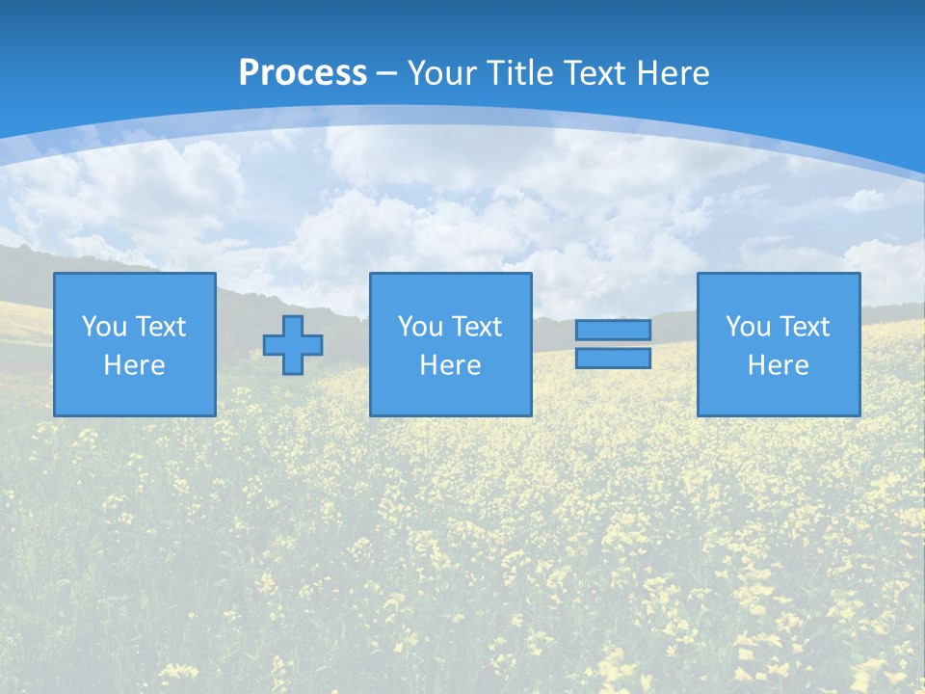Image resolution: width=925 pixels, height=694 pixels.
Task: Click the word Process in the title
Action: click(x=303, y=73)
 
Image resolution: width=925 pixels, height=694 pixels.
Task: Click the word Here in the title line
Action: click(x=674, y=73)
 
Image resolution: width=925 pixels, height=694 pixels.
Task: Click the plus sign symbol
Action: click(x=293, y=344)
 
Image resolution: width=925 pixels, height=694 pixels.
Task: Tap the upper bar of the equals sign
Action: click(x=613, y=330)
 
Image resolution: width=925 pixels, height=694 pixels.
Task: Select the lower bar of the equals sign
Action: click(x=613, y=358)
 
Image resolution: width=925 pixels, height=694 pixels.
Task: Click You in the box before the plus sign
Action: click(x=104, y=327)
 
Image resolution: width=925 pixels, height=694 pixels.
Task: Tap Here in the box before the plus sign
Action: click(x=134, y=365)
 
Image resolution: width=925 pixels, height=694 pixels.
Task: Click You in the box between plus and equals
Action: click(x=420, y=327)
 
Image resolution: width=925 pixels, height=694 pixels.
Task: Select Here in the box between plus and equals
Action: click(x=450, y=365)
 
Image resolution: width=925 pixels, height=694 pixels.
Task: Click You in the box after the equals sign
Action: click(x=748, y=327)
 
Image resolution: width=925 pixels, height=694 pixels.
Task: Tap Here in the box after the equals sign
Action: click(x=778, y=365)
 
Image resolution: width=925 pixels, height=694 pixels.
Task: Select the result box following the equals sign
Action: click(x=779, y=395)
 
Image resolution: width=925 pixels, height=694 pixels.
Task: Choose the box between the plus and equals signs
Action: click(x=451, y=395)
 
